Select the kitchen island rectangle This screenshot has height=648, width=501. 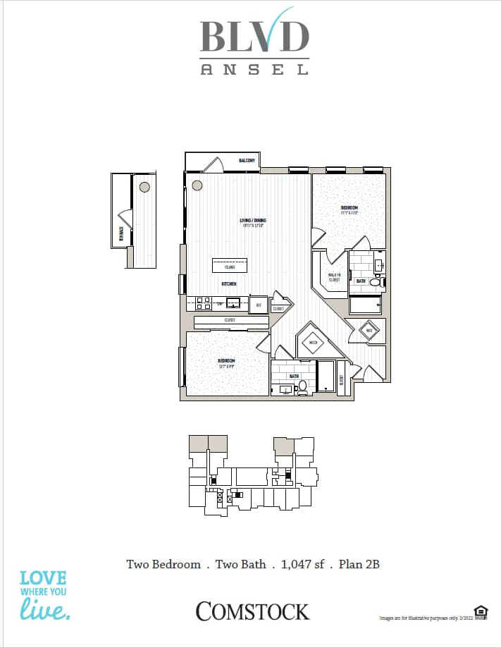(230, 266)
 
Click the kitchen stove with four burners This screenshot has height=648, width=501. (203, 303)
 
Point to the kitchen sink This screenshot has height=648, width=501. (233, 302)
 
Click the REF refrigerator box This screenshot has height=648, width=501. (258, 304)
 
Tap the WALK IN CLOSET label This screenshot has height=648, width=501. (334, 277)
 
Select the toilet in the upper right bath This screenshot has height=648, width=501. (375, 282)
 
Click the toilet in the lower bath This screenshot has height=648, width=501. (302, 387)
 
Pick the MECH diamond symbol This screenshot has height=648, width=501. (313, 343)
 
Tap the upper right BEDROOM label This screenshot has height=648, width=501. (349, 209)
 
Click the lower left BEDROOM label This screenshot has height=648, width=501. (226, 362)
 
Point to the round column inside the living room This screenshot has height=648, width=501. (197, 185)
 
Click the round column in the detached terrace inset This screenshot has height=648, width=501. (144, 187)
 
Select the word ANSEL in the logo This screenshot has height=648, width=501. (254, 69)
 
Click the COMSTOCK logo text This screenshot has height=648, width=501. (252, 611)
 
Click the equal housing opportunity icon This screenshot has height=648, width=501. (481, 611)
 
